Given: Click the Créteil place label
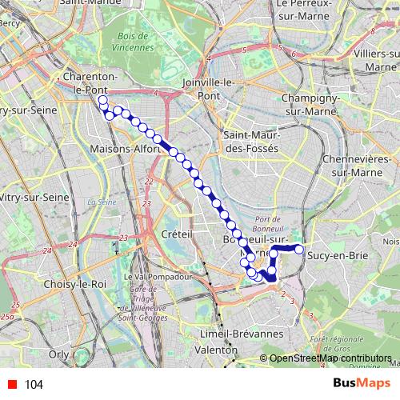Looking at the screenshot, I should click(x=178, y=234).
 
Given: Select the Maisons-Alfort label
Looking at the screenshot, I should click(x=126, y=149).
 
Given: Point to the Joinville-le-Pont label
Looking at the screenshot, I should click(x=216, y=88).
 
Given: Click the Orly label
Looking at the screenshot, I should click(x=58, y=352).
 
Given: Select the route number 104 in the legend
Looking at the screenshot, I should click(x=34, y=385).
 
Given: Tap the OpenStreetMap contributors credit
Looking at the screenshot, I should click(x=330, y=358).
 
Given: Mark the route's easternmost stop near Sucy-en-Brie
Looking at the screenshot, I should click(x=299, y=250).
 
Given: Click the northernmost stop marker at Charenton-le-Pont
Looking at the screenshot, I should click(x=102, y=100).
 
